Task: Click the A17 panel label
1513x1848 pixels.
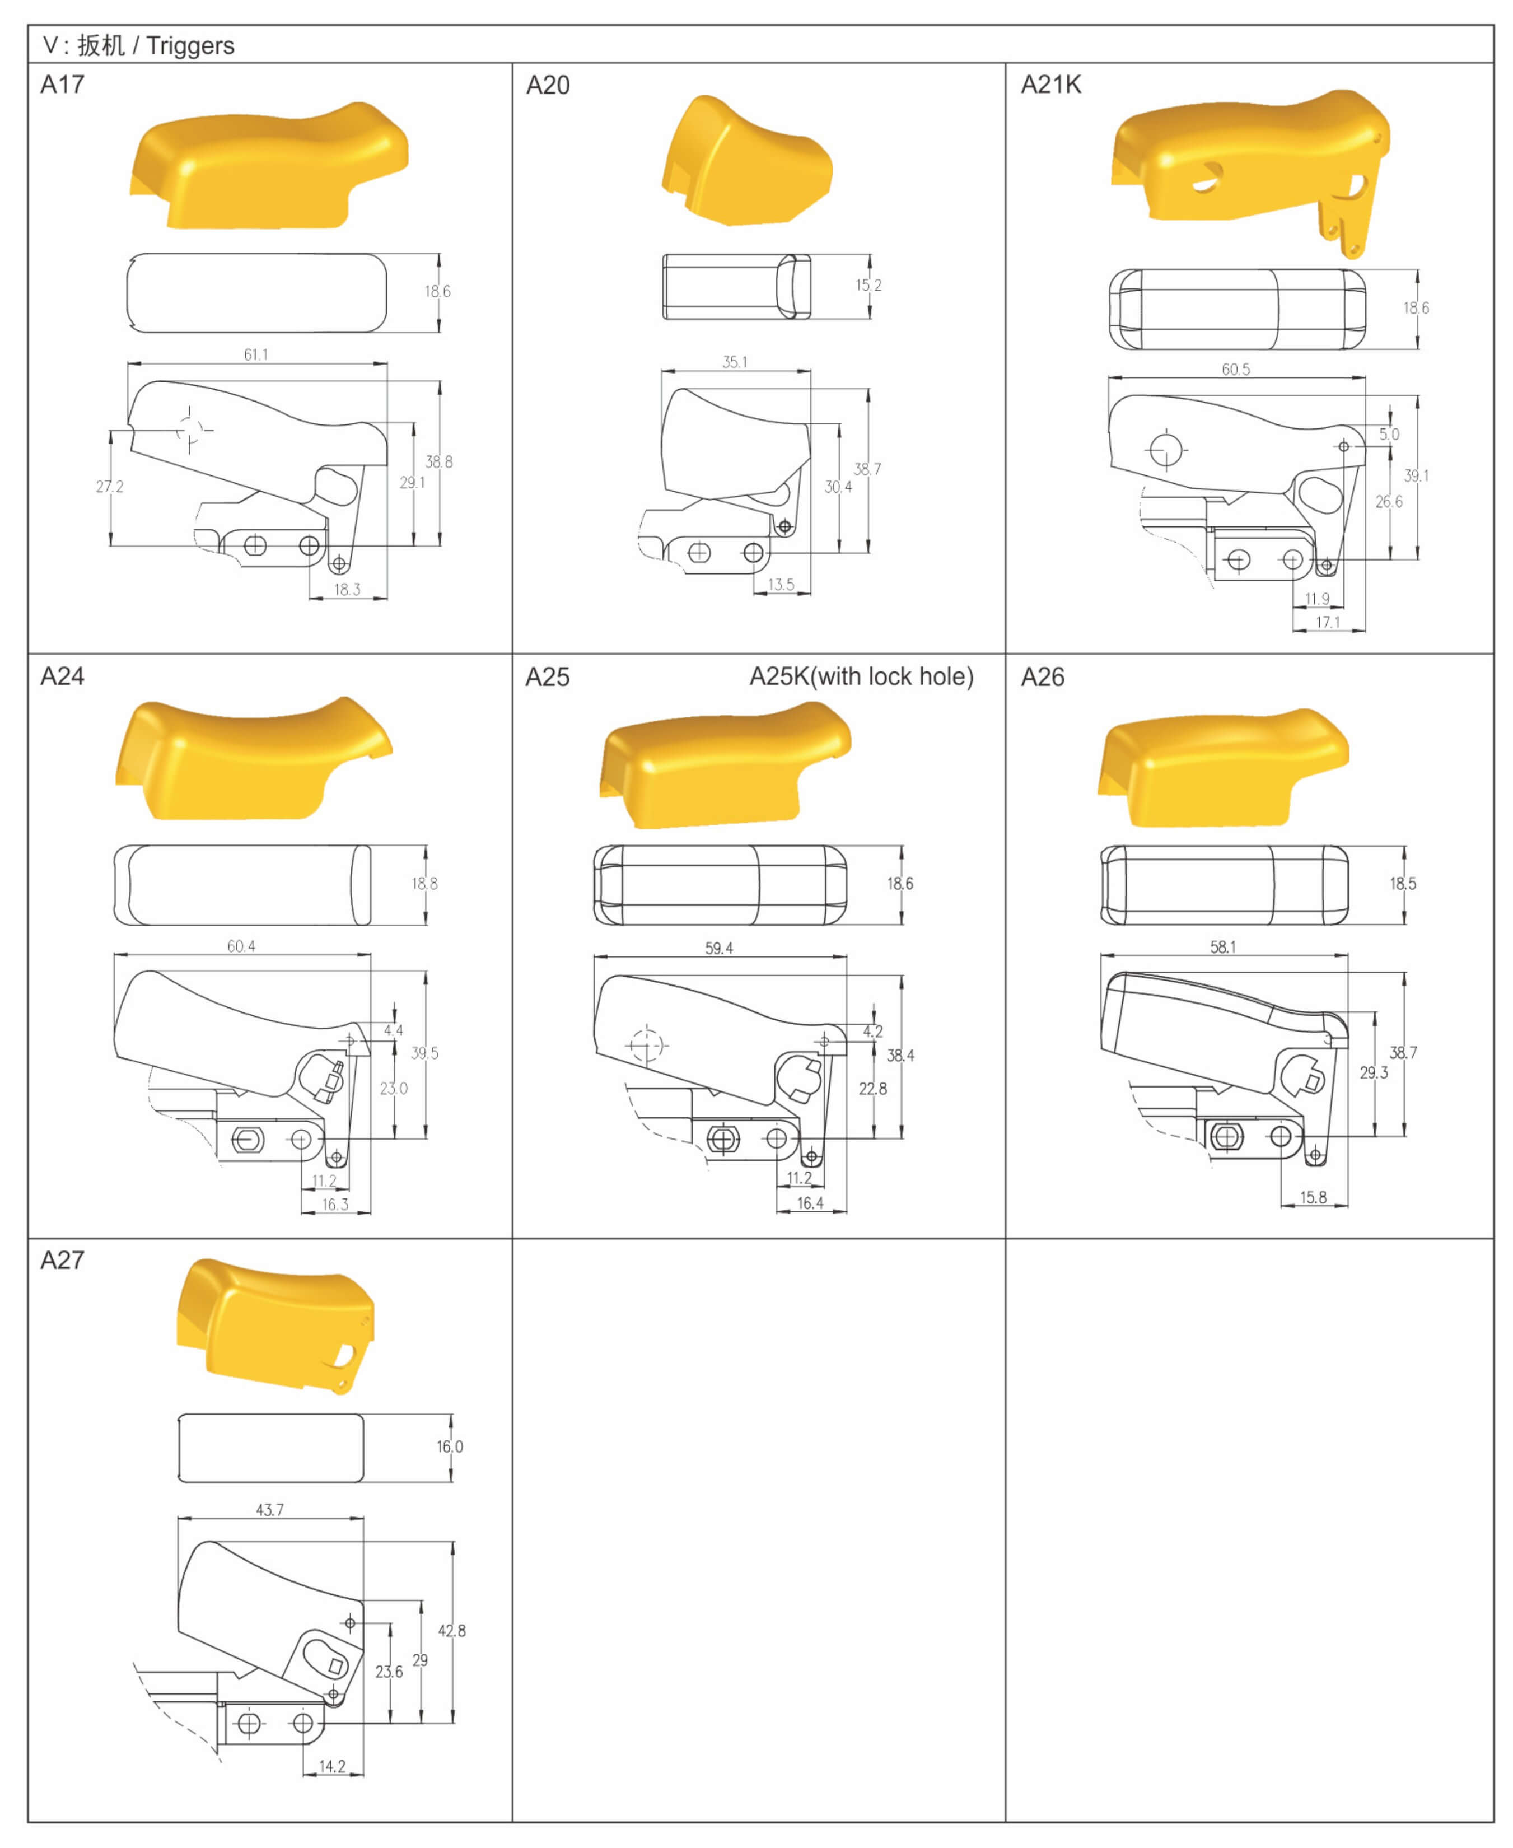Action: coord(62,85)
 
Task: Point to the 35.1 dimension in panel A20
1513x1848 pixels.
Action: coord(735,362)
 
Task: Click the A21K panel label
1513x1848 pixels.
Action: coord(1050,85)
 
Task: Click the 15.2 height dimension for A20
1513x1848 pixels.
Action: coord(868,285)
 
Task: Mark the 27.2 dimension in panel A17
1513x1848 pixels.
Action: coord(110,487)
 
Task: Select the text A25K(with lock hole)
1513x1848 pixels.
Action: coord(861,676)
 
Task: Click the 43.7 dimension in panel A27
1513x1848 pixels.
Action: coord(270,1510)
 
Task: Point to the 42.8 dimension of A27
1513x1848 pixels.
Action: coord(451,1631)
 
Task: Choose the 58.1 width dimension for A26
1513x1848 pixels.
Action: coord(1223,946)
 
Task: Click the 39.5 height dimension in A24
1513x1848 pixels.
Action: coord(426,1053)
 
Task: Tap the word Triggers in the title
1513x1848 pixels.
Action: coord(190,46)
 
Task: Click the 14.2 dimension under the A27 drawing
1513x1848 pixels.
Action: coord(332,1766)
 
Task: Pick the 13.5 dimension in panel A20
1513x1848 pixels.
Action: coord(781,585)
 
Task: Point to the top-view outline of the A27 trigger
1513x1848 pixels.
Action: coord(271,1448)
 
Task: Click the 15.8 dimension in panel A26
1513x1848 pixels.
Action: coord(1314,1197)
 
